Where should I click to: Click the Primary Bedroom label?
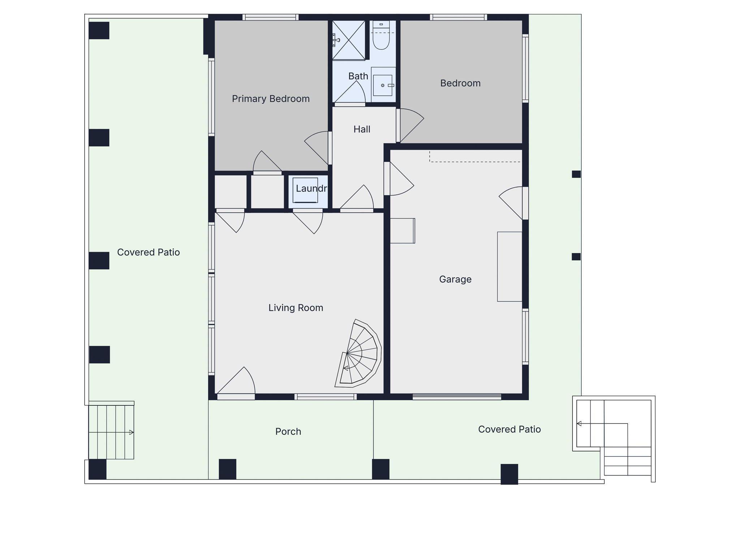(271, 99)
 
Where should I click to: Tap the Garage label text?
(455, 279)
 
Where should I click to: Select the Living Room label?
(296, 308)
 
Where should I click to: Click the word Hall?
(362, 129)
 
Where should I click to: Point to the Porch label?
(288, 431)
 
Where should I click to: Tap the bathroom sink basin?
(383, 85)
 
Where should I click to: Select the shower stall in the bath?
(349, 40)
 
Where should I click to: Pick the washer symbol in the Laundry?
(305, 190)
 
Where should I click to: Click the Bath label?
(358, 76)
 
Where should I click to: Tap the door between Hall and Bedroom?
(410, 125)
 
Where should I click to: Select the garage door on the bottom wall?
(457, 396)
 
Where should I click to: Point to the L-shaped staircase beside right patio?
(614, 438)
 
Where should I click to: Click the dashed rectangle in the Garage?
(475, 156)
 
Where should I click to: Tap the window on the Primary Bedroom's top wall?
(270, 17)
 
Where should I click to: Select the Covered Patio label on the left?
(149, 252)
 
